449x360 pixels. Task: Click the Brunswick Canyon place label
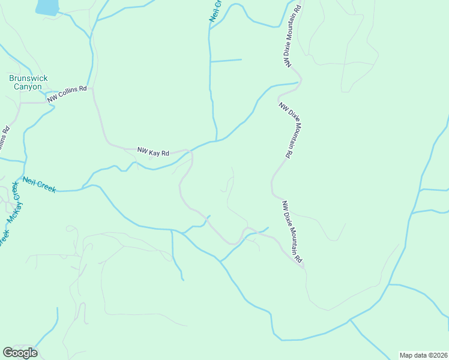click(x=28, y=82)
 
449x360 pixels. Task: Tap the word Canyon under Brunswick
click(x=28, y=86)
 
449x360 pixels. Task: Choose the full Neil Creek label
click(x=40, y=184)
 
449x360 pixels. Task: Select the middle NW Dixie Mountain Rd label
click(x=285, y=130)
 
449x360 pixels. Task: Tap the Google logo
click(x=20, y=353)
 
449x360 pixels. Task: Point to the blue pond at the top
click(x=47, y=7)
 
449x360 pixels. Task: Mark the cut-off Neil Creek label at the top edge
click(x=215, y=11)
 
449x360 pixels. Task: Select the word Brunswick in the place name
click(x=28, y=78)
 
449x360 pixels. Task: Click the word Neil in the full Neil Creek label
click(x=30, y=181)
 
